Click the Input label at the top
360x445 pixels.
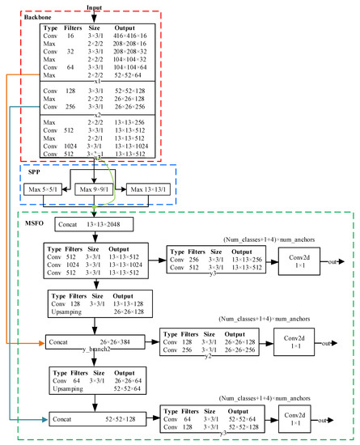[95, 7]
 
